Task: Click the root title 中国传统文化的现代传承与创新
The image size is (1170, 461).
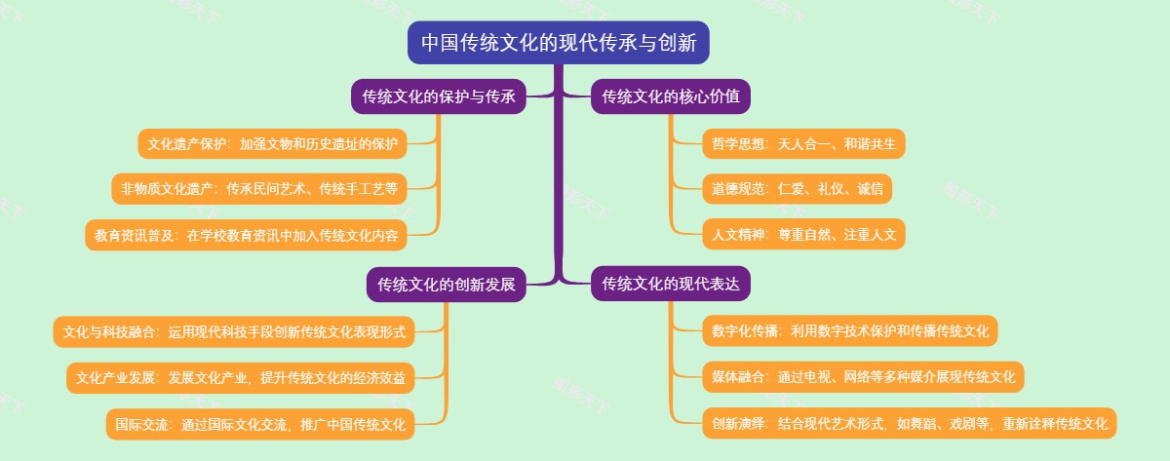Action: tap(559, 43)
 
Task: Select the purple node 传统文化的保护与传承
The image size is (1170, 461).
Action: tap(439, 96)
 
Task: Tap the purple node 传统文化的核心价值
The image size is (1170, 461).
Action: tap(671, 96)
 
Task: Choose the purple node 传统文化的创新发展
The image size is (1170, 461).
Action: tap(447, 285)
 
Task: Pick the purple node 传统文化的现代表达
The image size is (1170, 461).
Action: tap(671, 284)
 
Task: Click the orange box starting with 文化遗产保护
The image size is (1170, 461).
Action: tap(273, 144)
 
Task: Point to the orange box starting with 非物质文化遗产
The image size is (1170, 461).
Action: tap(259, 189)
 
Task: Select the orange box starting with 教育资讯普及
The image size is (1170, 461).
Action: tap(246, 234)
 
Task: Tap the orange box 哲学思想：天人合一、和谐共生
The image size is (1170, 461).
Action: tap(803, 144)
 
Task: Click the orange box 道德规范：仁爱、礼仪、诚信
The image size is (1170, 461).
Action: tap(797, 189)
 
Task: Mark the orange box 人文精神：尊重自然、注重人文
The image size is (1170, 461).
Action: tap(803, 234)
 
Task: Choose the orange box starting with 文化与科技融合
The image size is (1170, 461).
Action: tap(234, 331)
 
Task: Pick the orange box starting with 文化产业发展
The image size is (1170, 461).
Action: tap(241, 377)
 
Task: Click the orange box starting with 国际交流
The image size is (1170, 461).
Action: tap(260, 424)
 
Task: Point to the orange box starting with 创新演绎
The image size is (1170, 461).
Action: tap(909, 423)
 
